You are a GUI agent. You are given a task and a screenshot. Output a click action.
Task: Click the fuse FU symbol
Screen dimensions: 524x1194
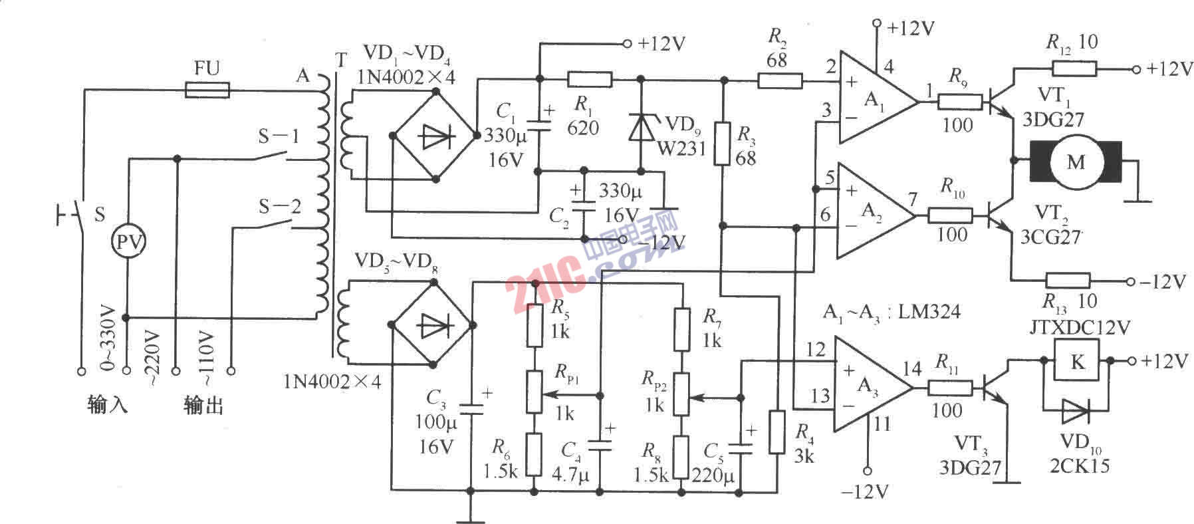206,89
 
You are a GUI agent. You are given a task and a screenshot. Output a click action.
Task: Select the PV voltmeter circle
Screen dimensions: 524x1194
128,242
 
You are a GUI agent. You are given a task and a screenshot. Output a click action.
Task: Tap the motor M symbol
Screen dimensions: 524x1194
1075,162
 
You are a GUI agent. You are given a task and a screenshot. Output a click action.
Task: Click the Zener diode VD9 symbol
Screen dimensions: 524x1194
640,128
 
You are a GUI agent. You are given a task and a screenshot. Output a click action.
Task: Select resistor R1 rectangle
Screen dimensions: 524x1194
589,80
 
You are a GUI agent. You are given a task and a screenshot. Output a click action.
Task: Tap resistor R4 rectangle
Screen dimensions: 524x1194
776,432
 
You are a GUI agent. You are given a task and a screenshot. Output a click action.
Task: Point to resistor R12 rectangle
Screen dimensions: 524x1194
1073,68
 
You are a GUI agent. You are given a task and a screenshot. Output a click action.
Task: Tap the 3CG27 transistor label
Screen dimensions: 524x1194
1050,236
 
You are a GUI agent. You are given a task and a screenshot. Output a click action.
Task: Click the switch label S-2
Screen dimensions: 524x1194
279,207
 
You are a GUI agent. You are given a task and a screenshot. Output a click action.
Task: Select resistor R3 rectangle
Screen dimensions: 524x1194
723,144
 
